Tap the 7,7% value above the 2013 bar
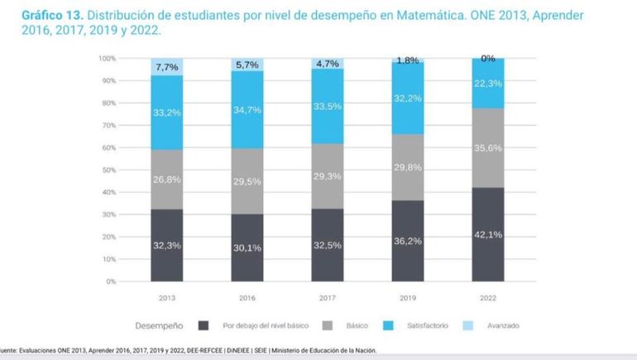[167, 66]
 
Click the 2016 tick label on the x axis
[247, 296]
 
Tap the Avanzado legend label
[503, 325]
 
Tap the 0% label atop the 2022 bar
[487, 59]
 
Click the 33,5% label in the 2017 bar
[327, 106]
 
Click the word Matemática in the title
[459, 15]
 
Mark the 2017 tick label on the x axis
[327, 296]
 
